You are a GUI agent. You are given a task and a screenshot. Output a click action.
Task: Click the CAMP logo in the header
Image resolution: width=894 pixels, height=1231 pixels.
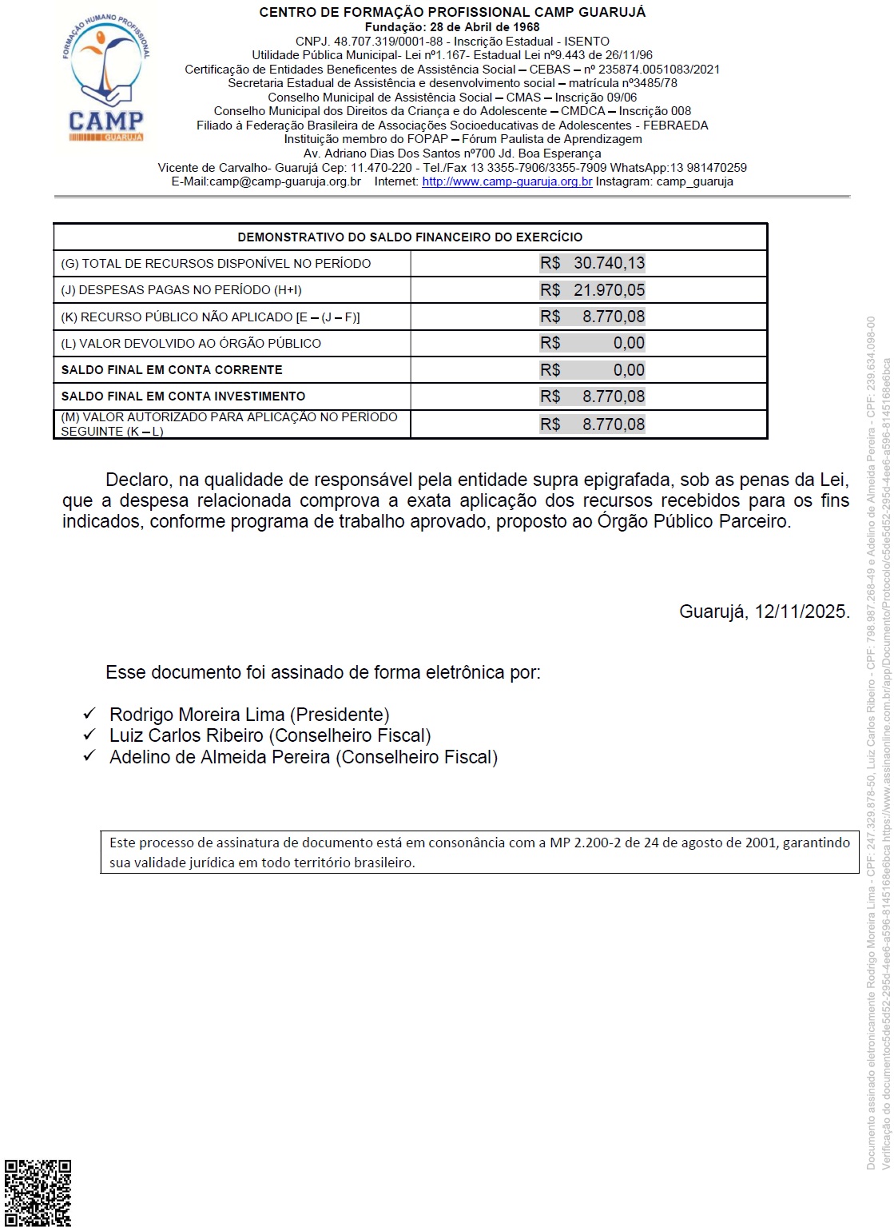click(106, 78)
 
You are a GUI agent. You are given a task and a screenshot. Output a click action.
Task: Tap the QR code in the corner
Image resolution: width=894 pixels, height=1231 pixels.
click(38, 1193)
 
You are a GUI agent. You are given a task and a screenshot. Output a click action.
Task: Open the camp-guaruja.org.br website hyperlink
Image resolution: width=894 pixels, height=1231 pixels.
click(507, 181)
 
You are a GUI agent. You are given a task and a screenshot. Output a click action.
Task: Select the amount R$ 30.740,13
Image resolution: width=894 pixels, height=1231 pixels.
click(592, 263)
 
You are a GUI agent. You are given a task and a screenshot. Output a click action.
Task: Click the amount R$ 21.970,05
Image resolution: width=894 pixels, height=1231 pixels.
click(592, 290)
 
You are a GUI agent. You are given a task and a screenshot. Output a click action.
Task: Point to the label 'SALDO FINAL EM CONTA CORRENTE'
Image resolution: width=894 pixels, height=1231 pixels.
click(172, 370)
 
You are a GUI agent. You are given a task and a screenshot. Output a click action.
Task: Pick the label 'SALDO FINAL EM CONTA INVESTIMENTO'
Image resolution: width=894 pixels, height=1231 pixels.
click(183, 396)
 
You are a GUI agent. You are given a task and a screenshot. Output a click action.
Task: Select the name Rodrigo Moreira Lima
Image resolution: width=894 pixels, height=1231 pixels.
click(197, 715)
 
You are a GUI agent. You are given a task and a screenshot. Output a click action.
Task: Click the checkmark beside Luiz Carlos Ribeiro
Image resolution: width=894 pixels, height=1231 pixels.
click(89, 735)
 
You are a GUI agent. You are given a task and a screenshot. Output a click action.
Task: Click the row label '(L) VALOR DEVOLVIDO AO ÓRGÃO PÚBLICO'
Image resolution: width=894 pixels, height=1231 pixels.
click(191, 344)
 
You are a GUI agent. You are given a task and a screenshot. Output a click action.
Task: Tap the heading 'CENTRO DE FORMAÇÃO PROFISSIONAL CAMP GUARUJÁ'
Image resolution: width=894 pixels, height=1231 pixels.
click(452, 12)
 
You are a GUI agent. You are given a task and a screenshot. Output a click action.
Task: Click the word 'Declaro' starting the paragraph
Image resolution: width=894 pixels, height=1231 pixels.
click(137, 480)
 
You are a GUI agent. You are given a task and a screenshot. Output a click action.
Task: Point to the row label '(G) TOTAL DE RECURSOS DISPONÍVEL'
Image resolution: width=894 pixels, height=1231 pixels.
click(216, 264)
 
